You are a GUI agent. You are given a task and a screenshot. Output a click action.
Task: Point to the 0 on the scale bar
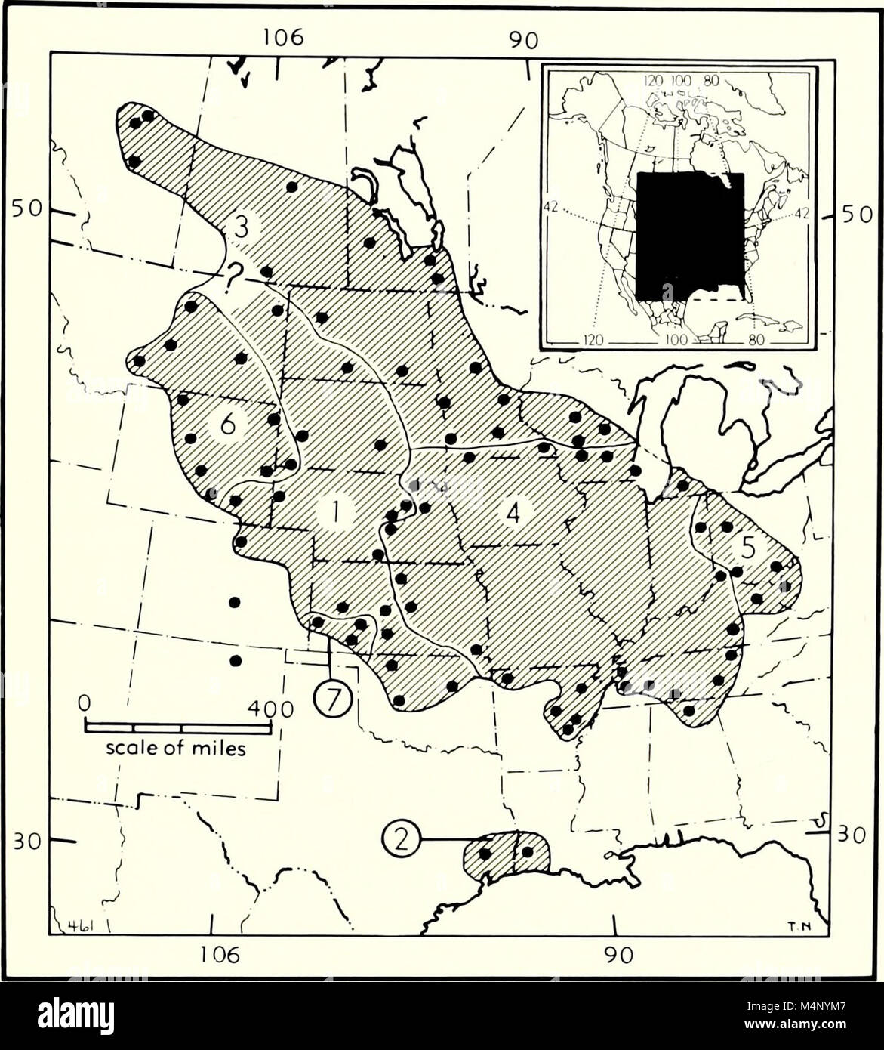coord(85,703)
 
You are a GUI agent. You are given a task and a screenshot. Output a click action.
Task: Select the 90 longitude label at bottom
coord(617,955)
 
